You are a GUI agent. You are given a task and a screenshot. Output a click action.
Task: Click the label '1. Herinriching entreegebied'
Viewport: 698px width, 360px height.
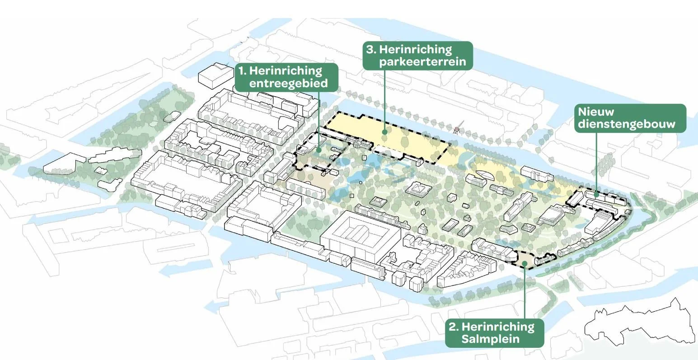(x=286, y=77)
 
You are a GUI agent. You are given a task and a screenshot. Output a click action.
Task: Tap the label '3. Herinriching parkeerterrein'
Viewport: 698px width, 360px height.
(x=417, y=56)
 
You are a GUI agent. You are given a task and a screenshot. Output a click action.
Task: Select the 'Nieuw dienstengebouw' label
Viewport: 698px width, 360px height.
(x=630, y=118)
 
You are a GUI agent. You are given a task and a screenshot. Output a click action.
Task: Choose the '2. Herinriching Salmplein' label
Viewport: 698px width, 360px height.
(x=494, y=333)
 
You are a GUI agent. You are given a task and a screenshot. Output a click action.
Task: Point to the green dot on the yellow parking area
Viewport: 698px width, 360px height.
(x=384, y=132)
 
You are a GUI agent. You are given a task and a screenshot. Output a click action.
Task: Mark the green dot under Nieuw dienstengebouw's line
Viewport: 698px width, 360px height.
(x=596, y=194)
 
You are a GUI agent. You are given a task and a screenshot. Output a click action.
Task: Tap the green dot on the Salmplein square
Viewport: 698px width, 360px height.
(x=524, y=262)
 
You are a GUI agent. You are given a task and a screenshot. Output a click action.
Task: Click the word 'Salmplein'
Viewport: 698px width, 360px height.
(x=490, y=339)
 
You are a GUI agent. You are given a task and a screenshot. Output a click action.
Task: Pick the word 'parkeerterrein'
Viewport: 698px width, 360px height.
(x=422, y=61)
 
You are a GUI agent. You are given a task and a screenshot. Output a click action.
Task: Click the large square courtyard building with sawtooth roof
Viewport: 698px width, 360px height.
(x=361, y=237)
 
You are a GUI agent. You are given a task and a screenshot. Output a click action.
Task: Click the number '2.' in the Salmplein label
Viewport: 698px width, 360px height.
(x=454, y=327)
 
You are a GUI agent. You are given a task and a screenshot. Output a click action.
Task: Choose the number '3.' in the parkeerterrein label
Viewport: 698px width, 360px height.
(x=371, y=50)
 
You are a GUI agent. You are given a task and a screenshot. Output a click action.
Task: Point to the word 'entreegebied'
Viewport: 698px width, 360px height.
(x=288, y=84)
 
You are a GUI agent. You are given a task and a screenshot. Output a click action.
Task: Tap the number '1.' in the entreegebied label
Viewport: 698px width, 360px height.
(x=243, y=71)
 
